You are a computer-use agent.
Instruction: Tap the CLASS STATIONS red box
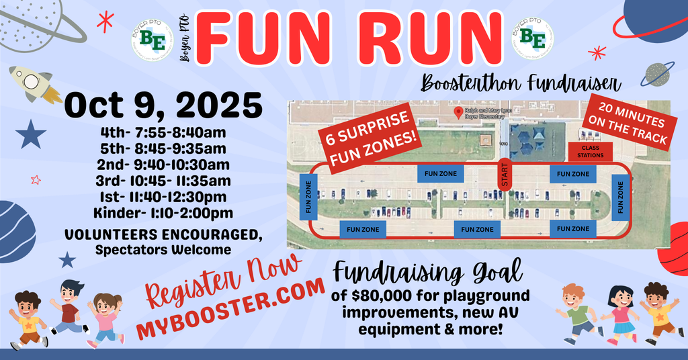(590, 152)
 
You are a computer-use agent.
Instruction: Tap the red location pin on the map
(458, 112)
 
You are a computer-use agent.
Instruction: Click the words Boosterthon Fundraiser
(521, 83)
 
